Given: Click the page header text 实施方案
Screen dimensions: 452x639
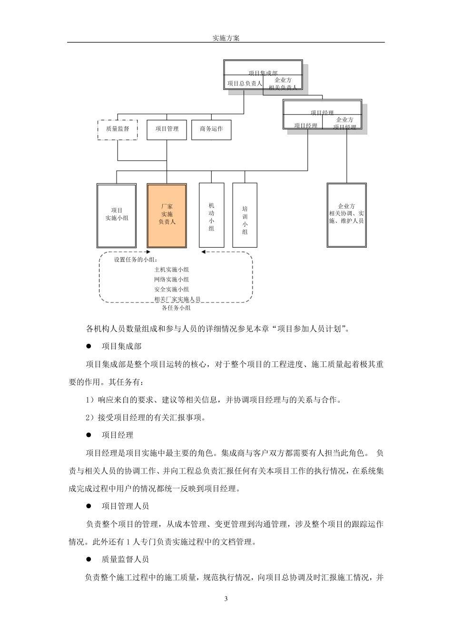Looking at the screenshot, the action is (226, 38).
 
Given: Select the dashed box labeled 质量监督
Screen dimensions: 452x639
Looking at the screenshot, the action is (118, 129).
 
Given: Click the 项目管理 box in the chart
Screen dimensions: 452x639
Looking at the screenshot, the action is (167, 129).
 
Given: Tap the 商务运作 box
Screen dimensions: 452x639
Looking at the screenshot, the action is (211, 129).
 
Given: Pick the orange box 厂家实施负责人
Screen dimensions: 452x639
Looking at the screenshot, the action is (167, 215).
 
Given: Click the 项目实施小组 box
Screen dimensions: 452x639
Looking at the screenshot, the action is (117, 215).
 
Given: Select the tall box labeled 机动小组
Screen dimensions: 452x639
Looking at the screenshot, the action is (211, 216).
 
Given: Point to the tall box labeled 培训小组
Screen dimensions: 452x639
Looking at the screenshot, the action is (245, 216).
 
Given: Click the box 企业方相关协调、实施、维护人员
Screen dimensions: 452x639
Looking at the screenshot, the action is (346, 215).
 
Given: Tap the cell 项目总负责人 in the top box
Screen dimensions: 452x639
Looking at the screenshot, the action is (245, 83).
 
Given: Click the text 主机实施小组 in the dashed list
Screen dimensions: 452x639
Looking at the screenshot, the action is (171, 270).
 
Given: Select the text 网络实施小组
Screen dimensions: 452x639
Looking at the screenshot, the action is (171, 280).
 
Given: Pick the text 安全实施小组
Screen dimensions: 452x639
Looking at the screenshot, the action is (171, 289).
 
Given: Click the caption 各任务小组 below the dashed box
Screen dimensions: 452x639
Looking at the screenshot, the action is (176, 308).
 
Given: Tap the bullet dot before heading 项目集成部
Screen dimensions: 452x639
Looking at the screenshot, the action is (88, 346).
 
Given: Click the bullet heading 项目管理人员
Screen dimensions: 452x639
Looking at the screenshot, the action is (125, 506).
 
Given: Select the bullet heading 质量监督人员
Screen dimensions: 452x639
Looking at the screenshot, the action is (125, 559).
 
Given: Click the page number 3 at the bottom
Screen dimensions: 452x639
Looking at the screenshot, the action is (226, 598).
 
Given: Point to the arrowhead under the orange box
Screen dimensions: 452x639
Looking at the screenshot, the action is (148, 252).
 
